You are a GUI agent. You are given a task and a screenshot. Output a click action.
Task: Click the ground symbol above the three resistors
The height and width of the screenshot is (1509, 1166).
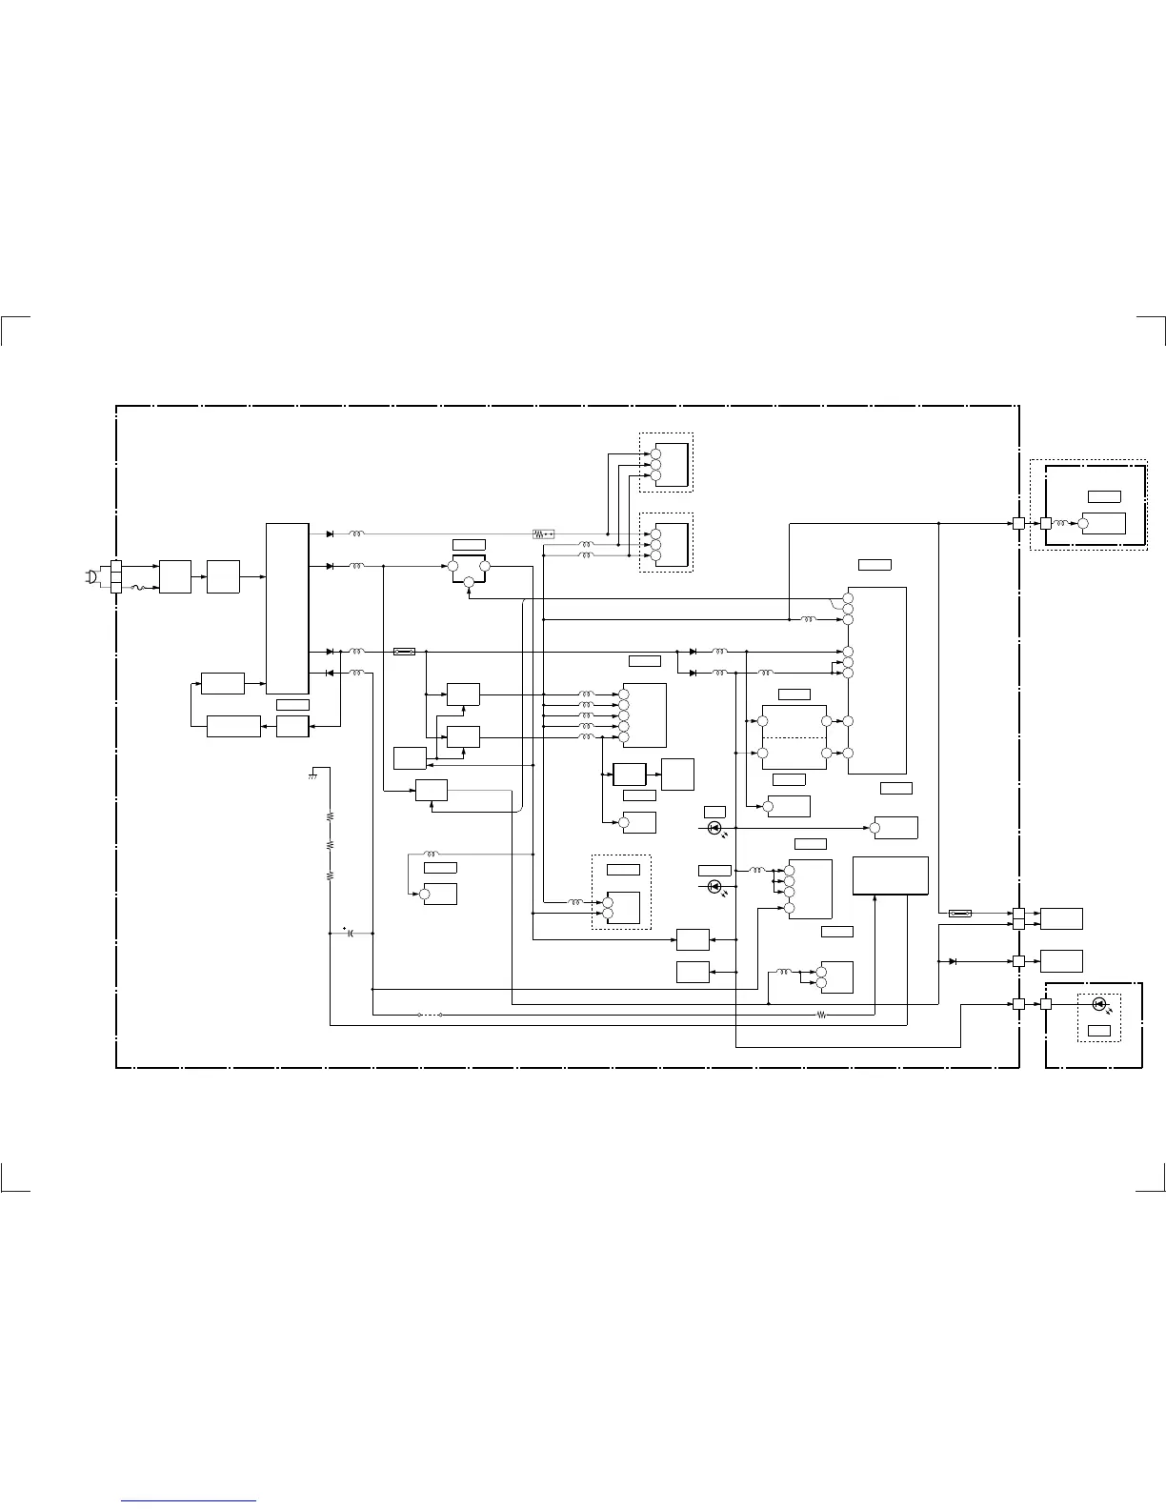pos(312,775)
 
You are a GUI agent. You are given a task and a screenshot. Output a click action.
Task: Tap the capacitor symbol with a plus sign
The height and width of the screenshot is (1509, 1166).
pos(351,933)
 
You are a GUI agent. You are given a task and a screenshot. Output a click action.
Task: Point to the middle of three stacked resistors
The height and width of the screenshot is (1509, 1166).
pos(330,845)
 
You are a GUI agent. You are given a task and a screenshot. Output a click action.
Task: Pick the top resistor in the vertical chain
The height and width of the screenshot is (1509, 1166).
pos(330,816)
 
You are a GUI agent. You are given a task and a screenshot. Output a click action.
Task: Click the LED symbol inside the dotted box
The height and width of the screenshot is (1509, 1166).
pos(1098,1004)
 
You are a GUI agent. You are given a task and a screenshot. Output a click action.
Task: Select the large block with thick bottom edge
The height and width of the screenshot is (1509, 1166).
pos(890,875)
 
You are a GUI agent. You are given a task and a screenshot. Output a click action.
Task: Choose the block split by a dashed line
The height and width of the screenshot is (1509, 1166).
pos(794,737)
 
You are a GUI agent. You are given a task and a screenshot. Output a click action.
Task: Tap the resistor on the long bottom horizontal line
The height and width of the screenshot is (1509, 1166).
pos(822,1015)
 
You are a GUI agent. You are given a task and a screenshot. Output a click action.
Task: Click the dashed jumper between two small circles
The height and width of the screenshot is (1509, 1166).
pos(430,1015)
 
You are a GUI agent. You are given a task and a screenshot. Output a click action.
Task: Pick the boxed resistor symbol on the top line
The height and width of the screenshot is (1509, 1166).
pos(543,534)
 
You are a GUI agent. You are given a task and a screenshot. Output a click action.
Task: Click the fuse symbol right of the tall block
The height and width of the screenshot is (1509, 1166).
pos(404,652)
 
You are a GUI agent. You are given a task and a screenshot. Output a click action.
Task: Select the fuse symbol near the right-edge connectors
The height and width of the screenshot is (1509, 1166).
pos(960,914)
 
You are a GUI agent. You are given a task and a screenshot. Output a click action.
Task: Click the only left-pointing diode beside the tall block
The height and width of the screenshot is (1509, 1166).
pos(330,673)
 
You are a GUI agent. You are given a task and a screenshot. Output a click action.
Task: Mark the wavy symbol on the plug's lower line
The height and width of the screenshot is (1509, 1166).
pos(135,588)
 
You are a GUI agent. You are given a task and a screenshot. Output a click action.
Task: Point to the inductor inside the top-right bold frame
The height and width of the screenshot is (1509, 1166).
pos(1061,523)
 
